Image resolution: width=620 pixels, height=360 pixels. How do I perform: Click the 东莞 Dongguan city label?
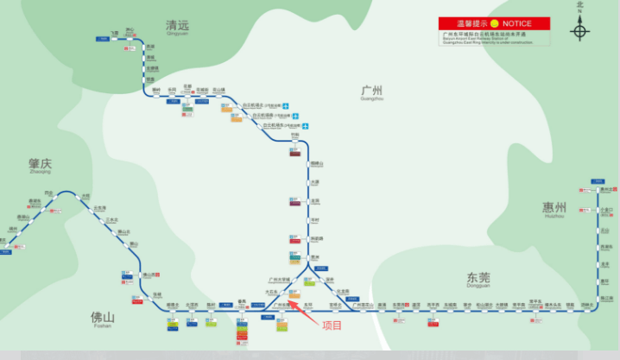coord(477,278)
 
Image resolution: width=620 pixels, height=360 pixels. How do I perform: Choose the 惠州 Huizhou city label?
coord(554,208)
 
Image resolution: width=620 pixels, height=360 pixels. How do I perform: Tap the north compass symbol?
coord(579,31)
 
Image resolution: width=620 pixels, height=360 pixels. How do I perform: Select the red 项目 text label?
coord(332,325)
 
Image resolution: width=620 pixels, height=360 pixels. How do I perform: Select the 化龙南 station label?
coord(343,291)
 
